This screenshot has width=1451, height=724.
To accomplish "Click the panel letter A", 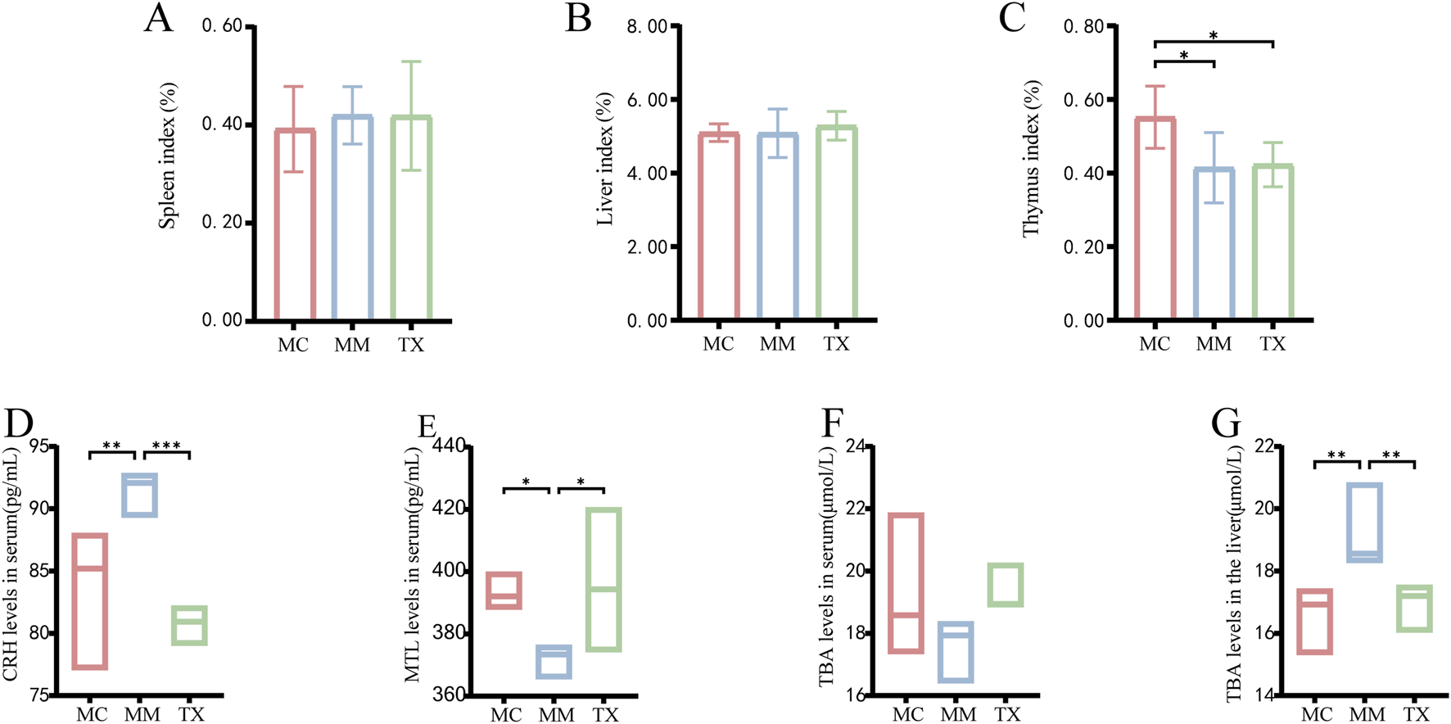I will pos(159,18).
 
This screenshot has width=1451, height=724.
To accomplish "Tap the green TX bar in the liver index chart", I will pos(836,222).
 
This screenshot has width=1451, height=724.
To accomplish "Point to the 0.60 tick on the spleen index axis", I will pos(223,26).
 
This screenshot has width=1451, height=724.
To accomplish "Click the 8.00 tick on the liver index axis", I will pos(648,26).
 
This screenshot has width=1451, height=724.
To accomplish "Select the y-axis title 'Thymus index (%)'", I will pos(1032,159).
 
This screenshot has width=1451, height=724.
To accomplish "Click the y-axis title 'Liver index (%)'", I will pos(605,159).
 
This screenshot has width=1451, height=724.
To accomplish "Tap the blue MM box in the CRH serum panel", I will pos(140,495).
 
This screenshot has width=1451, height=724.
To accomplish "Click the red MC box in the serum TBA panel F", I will pos(906,583).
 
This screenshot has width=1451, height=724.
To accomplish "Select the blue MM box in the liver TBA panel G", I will pos(1365,523).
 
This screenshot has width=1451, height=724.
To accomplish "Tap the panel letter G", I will pos(1226,424).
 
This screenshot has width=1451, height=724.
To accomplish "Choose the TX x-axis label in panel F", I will pos(1007,714).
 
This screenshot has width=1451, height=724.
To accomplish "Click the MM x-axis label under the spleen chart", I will pos(352,346).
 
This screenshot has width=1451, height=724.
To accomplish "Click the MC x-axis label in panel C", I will pos(1155,344).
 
